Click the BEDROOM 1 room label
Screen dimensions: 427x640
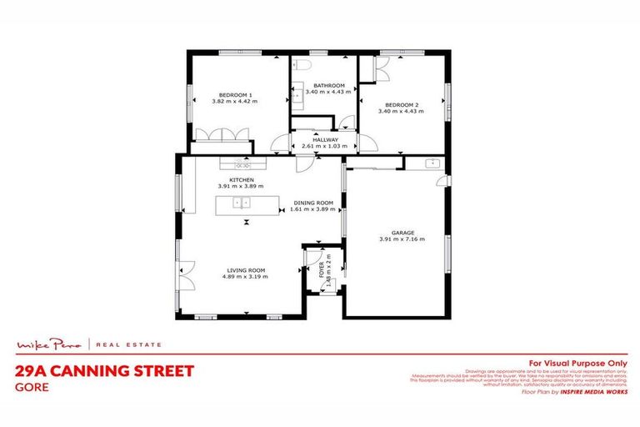(x=236, y=96)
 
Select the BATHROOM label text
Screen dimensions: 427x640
(x=328, y=86)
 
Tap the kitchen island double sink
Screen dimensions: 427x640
(x=242, y=203)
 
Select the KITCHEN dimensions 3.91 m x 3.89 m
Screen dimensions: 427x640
(x=241, y=186)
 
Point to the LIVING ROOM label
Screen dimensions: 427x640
(x=246, y=270)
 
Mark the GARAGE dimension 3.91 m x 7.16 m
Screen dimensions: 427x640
(x=402, y=239)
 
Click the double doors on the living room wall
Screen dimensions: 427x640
(x=183, y=274)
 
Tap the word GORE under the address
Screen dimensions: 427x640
(x=30, y=386)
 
